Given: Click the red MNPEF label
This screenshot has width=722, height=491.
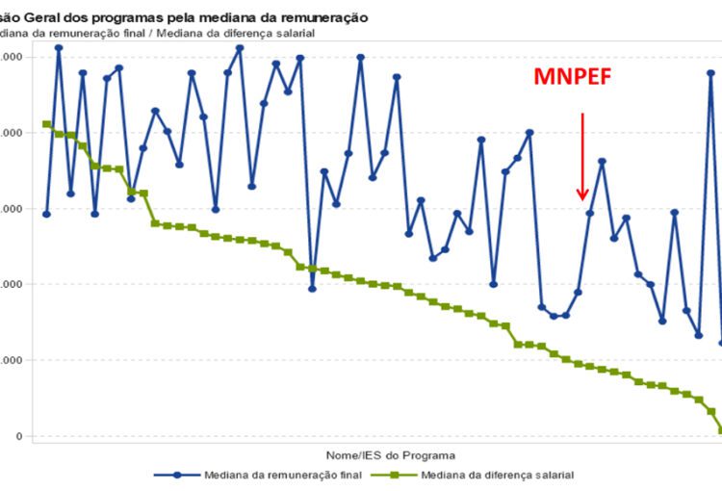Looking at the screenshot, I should tap(572, 78).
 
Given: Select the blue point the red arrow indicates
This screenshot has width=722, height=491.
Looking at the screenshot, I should tap(590, 213).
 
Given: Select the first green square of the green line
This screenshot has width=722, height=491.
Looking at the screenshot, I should tap(47, 124).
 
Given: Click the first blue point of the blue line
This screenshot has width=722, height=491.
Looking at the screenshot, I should tap(46, 214).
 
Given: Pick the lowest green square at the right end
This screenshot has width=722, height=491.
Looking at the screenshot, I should tap(720, 430).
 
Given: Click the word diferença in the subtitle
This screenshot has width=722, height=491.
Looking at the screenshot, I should tap(248, 34).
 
